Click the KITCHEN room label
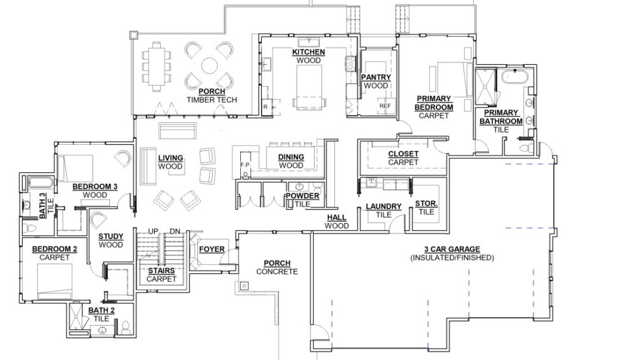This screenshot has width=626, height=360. (309, 52)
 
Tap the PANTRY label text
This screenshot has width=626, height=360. (376, 77)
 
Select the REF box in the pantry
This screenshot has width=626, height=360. (385, 106)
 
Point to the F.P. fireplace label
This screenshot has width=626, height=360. (245, 164)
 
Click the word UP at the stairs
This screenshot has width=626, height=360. (153, 231)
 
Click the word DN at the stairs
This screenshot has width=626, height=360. (175, 231)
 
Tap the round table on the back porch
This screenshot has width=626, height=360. (209, 66)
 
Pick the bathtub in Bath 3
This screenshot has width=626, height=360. (40, 183)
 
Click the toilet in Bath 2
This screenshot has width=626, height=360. (125, 326)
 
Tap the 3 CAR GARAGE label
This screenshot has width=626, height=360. (452, 249)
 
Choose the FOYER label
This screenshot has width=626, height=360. (212, 249)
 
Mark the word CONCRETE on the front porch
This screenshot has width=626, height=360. (277, 272)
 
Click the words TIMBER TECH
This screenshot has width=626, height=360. (212, 100)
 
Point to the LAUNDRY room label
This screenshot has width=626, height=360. (384, 207)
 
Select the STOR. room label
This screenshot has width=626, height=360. (426, 204)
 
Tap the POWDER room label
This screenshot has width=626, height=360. (302, 196)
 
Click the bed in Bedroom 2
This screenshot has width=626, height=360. (55, 281)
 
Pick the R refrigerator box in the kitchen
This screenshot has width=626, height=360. (265, 107)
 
